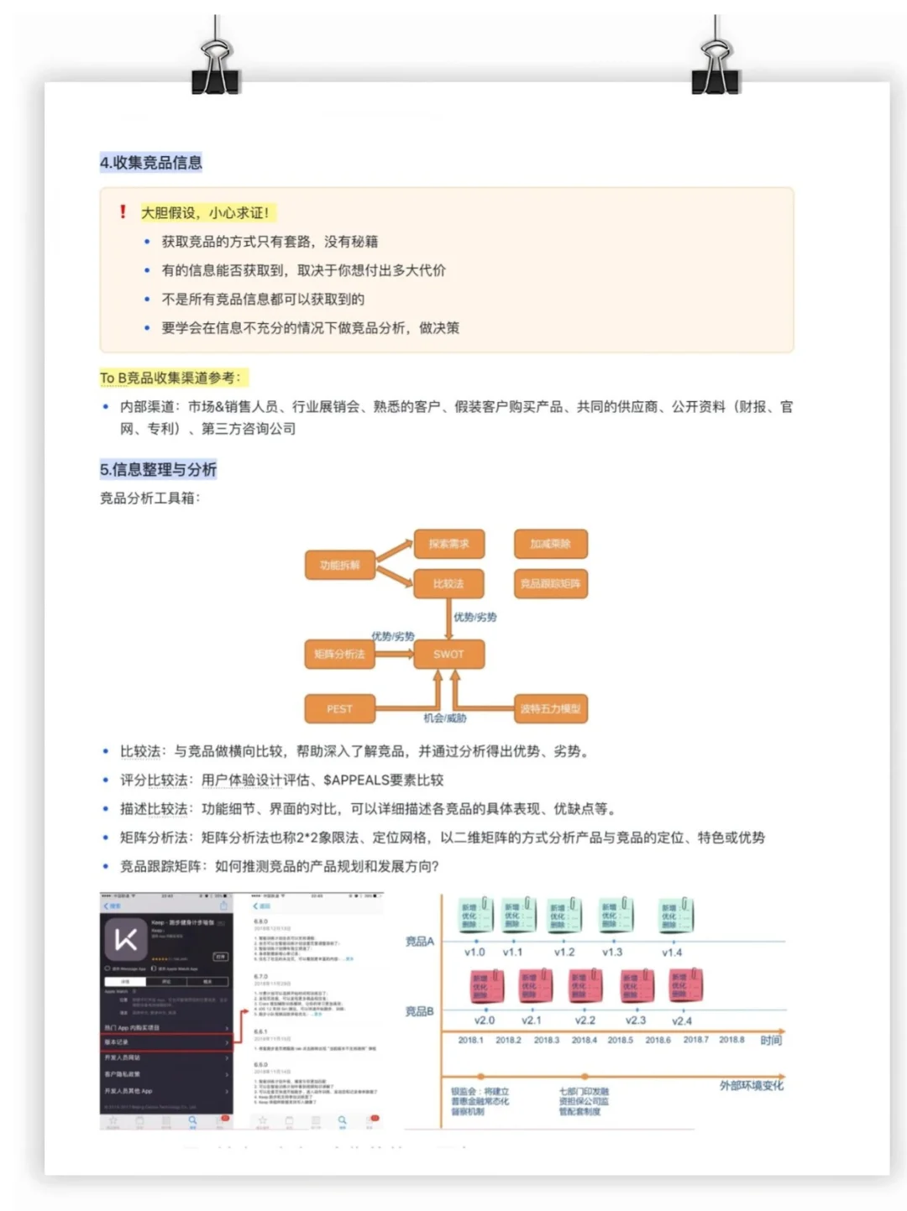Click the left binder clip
[215, 67]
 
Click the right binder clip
[716, 67]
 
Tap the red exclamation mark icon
[123, 211]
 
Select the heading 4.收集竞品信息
[151, 163]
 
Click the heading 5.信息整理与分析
[158, 469]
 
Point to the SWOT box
[448, 654]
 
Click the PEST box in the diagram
[339, 709]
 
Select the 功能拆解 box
[339, 566]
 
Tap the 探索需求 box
[448, 544]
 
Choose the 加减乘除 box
[550, 544]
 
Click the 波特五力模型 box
[550, 709]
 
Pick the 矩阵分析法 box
[339, 654]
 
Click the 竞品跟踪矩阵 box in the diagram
[550, 583]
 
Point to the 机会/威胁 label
[445, 718]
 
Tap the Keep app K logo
[125, 939]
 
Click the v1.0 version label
[474, 953]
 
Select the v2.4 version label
[682, 1021]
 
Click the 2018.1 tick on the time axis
[470, 1040]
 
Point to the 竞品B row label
[419, 1011]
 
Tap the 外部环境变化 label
[751, 1085]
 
